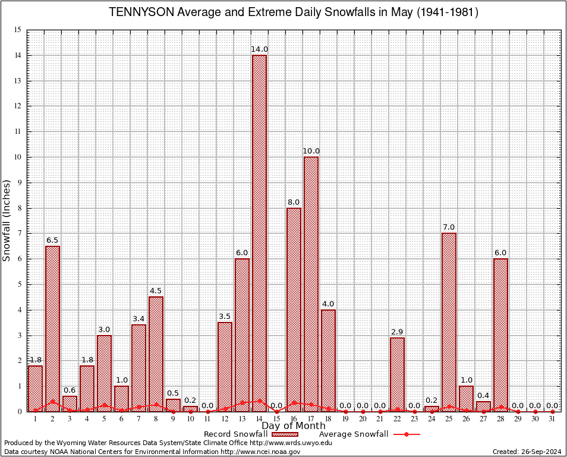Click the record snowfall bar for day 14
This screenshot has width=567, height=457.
tap(259, 232)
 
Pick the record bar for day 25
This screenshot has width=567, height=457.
tap(449, 321)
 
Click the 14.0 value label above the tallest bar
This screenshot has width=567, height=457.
tap(259, 49)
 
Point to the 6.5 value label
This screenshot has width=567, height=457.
tap(52, 240)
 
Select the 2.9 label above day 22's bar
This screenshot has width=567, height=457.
tap(397, 331)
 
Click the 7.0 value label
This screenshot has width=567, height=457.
tap(449, 227)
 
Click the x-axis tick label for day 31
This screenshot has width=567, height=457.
tap(552, 419)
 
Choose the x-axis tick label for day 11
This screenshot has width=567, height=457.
tap(207, 419)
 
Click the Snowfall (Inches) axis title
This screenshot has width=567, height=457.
tap(7, 221)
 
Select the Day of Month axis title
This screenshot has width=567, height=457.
tap(294, 425)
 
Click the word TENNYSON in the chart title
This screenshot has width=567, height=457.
tap(137, 12)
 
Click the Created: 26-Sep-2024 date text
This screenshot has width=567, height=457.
tap(527, 452)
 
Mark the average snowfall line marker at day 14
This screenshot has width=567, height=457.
tap(259, 401)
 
